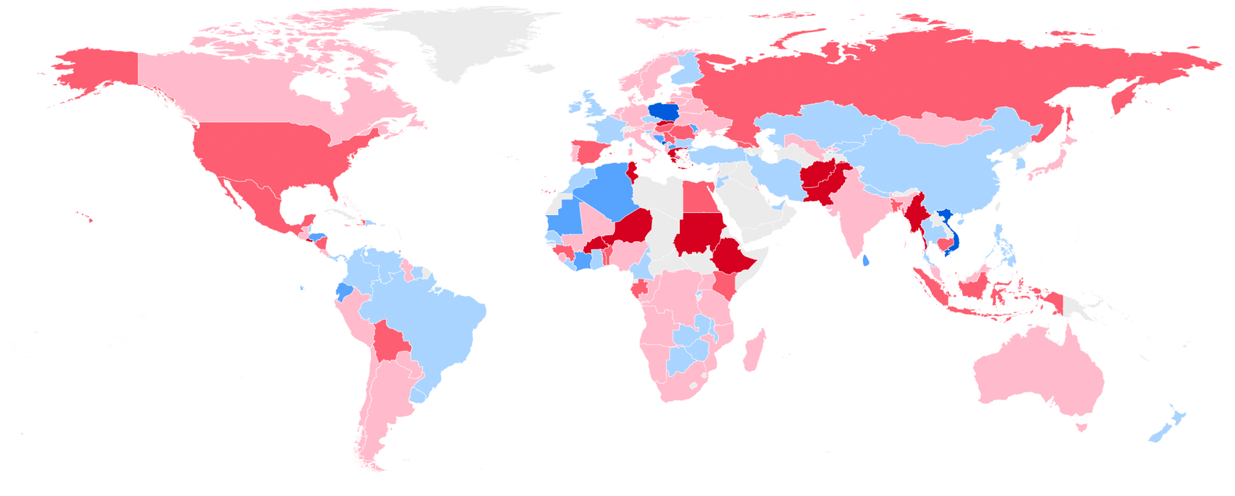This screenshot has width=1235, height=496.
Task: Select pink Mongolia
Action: (x=935, y=127)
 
